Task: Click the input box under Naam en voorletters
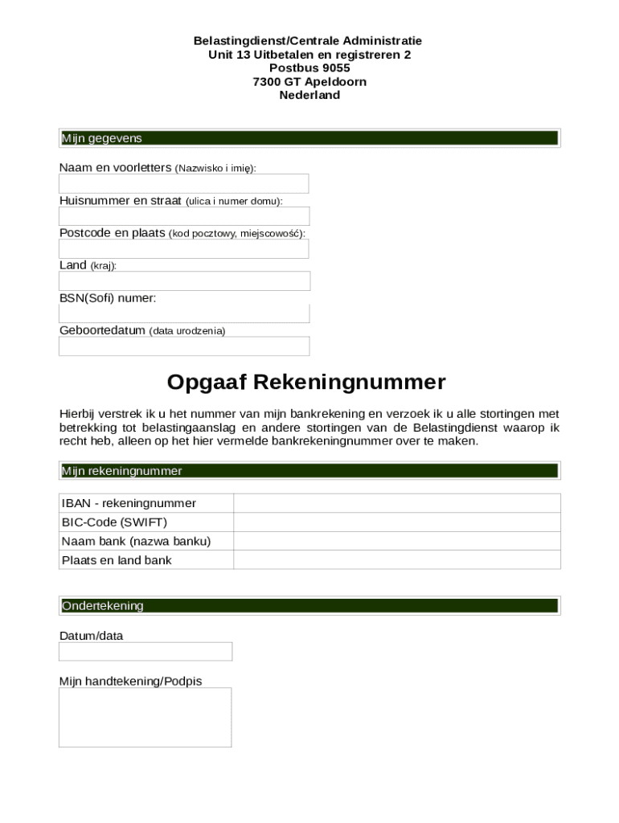pyautogui.click(x=183, y=184)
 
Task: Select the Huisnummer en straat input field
pyautogui.click(x=183, y=216)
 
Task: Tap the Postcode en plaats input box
pyautogui.click(x=183, y=249)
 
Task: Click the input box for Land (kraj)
pyautogui.click(x=184, y=281)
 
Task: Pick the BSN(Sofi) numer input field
pyautogui.click(x=184, y=313)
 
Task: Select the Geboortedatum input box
pyautogui.click(x=184, y=346)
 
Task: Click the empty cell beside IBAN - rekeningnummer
pyautogui.click(x=396, y=503)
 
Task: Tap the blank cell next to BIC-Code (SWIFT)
pyautogui.click(x=396, y=522)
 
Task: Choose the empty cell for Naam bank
pyautogui.click(x=396, y=541)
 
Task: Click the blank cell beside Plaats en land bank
pyautogui.click(x=396, y=560)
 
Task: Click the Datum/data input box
pyautogui.click(x=146, y=652)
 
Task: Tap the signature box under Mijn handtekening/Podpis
pyautogui.click(x=145, y=717)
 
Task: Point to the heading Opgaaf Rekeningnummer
pyautogui.click(x=306, y=382)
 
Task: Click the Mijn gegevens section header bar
pyautogui.click(x=309, y=138)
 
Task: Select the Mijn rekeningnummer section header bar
pyautogui.click(x=309, y=471)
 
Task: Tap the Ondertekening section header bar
pyautogui.click(x=309, y=606)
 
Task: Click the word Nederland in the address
pyautogui.click(x=309, y=95)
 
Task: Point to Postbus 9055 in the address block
pyautogui.click(x=309, y=68)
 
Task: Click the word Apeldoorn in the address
pyautogui.click(x=335, y=81)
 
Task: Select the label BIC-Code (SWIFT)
pyautogui.click(x=114, y=522)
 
